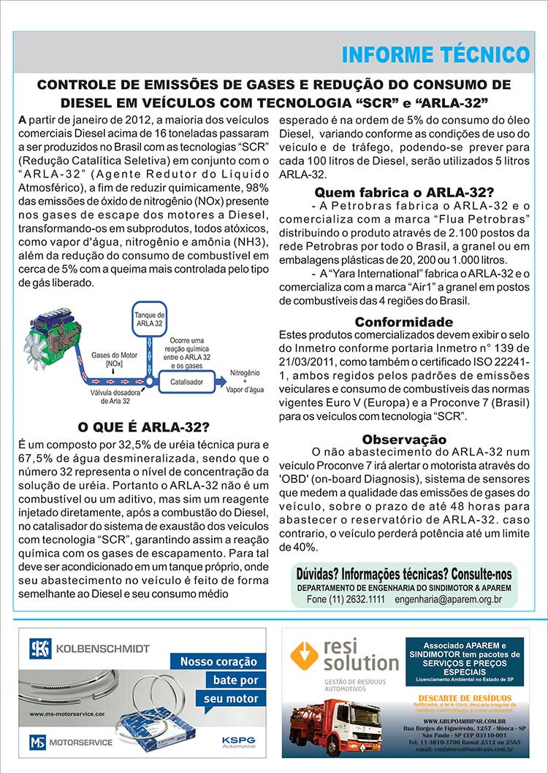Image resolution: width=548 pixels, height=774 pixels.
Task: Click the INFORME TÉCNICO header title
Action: click(x=435, y=55)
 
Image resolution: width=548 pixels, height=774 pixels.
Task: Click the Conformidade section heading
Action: click(x=403, y=322)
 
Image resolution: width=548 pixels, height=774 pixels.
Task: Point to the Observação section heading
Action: click(x=403, y=439)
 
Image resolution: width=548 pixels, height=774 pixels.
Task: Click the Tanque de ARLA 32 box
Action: click(x=149, y=318)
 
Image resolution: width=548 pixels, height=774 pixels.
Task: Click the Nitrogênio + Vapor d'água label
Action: click(x=245, y=380)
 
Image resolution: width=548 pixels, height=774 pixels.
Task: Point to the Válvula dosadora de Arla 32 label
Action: click(x=110, y=396)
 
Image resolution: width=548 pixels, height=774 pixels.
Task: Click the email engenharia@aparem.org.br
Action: click(x=447, y=599)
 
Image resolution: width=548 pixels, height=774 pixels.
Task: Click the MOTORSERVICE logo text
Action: click(x=80, y=742)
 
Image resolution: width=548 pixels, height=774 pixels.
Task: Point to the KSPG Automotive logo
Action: click(x=239, y=741)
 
